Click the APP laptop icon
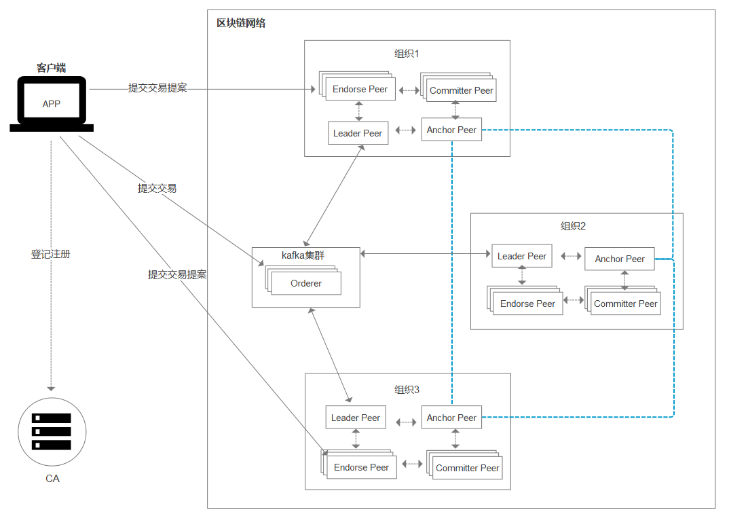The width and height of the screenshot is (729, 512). pos(52,104)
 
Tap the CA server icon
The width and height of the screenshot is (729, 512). pos(52,432)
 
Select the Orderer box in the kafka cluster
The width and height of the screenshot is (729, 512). pos(306,283)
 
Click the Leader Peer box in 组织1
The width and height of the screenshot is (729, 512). pos(358,133)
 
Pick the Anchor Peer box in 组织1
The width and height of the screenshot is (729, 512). pos(451,130)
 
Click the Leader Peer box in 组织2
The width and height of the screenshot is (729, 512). pos(522,256)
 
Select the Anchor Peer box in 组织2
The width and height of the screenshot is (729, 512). pos(620,259)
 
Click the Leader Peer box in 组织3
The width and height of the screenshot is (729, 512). pos(356,418)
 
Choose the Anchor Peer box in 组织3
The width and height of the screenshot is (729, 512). pos(451,418)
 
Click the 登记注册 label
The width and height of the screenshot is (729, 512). pos(51,254)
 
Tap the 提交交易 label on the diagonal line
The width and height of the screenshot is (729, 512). pos(157,188)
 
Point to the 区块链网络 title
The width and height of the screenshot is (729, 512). pos(241,23)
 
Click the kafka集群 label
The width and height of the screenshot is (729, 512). pos(303,255)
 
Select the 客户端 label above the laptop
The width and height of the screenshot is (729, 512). pos(51,68)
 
